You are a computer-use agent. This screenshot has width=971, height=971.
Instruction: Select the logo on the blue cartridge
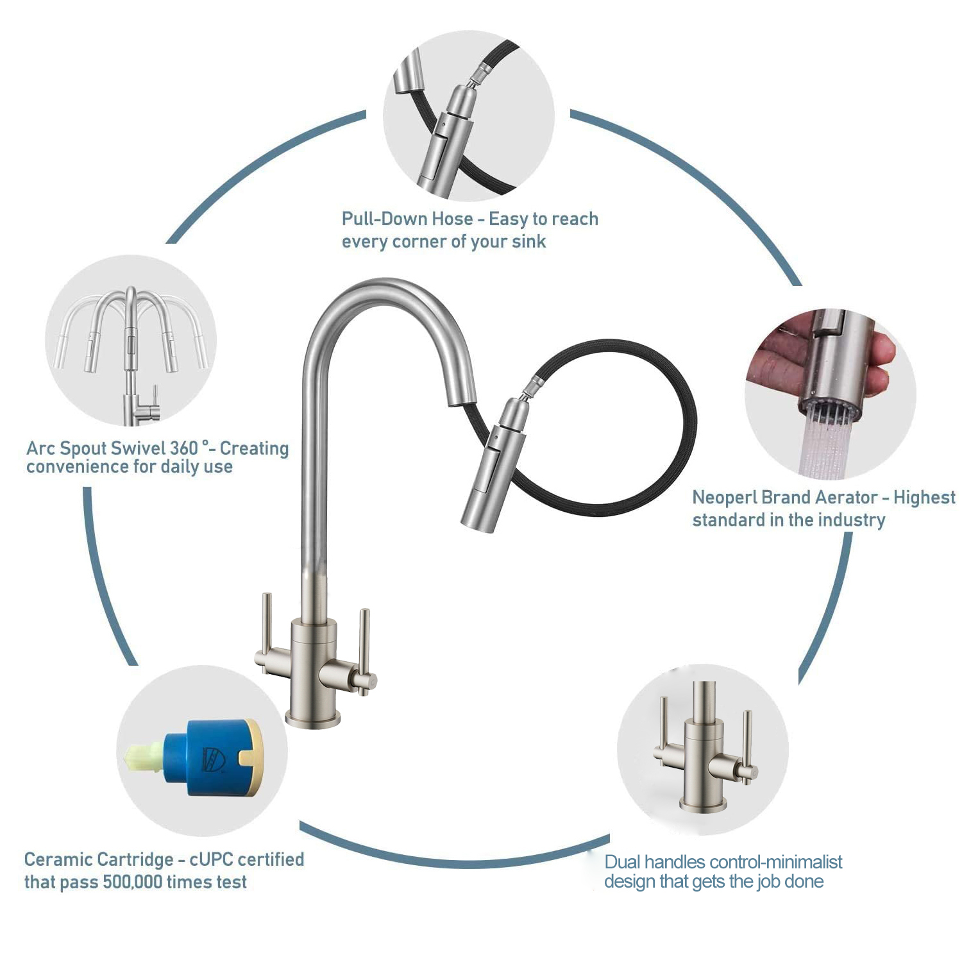point(215,759)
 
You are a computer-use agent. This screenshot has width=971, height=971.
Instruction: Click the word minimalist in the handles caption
point(802,862)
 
